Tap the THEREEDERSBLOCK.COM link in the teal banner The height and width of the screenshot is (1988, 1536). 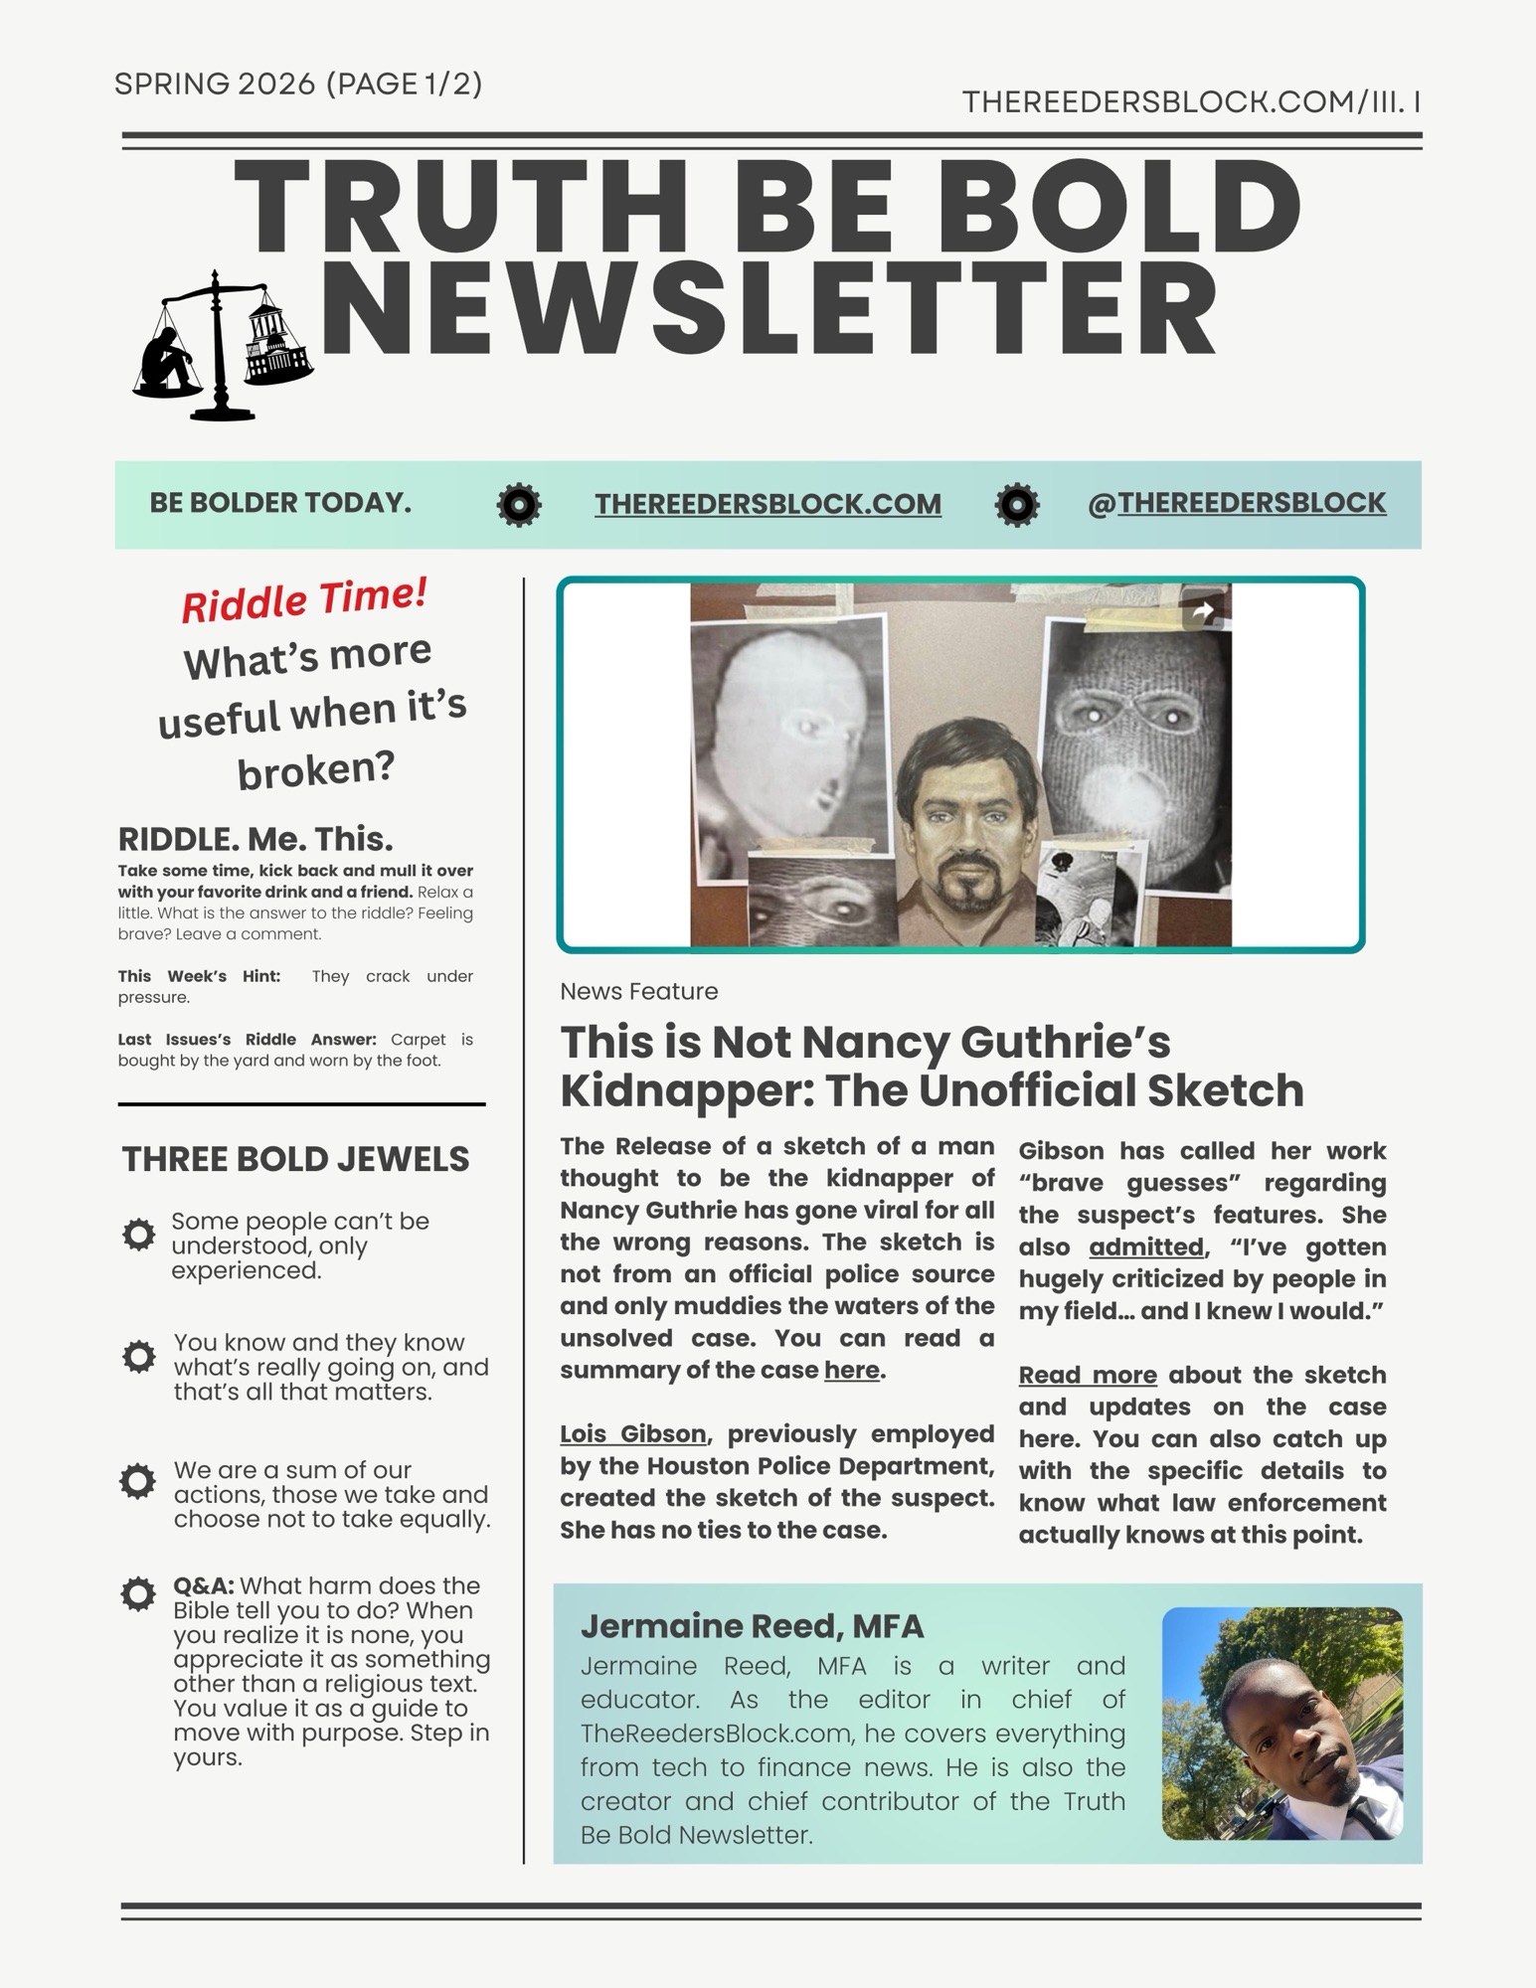pos(768,504)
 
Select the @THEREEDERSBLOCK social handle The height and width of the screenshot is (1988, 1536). pos(1237,503)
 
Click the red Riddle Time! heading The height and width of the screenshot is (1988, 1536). pos(304,599)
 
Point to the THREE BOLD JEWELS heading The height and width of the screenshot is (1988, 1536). pos(295,1159)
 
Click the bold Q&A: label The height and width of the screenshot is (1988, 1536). pos(204,1585)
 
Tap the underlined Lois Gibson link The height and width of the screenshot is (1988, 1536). pos(633,1433)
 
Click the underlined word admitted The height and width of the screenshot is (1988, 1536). pos(1146,1246)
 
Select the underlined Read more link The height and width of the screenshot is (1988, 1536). pos(1088,1375)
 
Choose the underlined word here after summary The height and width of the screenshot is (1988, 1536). pos(851,1370)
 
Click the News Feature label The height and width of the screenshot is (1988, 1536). pos(638,991)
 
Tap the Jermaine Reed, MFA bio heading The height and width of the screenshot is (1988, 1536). pos(752,1626)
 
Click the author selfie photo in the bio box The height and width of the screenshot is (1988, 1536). pos(1281,1723)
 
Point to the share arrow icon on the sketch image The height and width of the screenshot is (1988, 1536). pos(1202,611)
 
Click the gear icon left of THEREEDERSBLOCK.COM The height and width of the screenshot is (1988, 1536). pos(519,505)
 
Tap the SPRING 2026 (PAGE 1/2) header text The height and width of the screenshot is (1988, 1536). pos(298,84)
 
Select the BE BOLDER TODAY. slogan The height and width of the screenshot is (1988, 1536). pos(280,503)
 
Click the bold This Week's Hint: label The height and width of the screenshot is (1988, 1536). pos(199,976)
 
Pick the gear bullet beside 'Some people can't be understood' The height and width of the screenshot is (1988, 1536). pos(138,1235)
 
